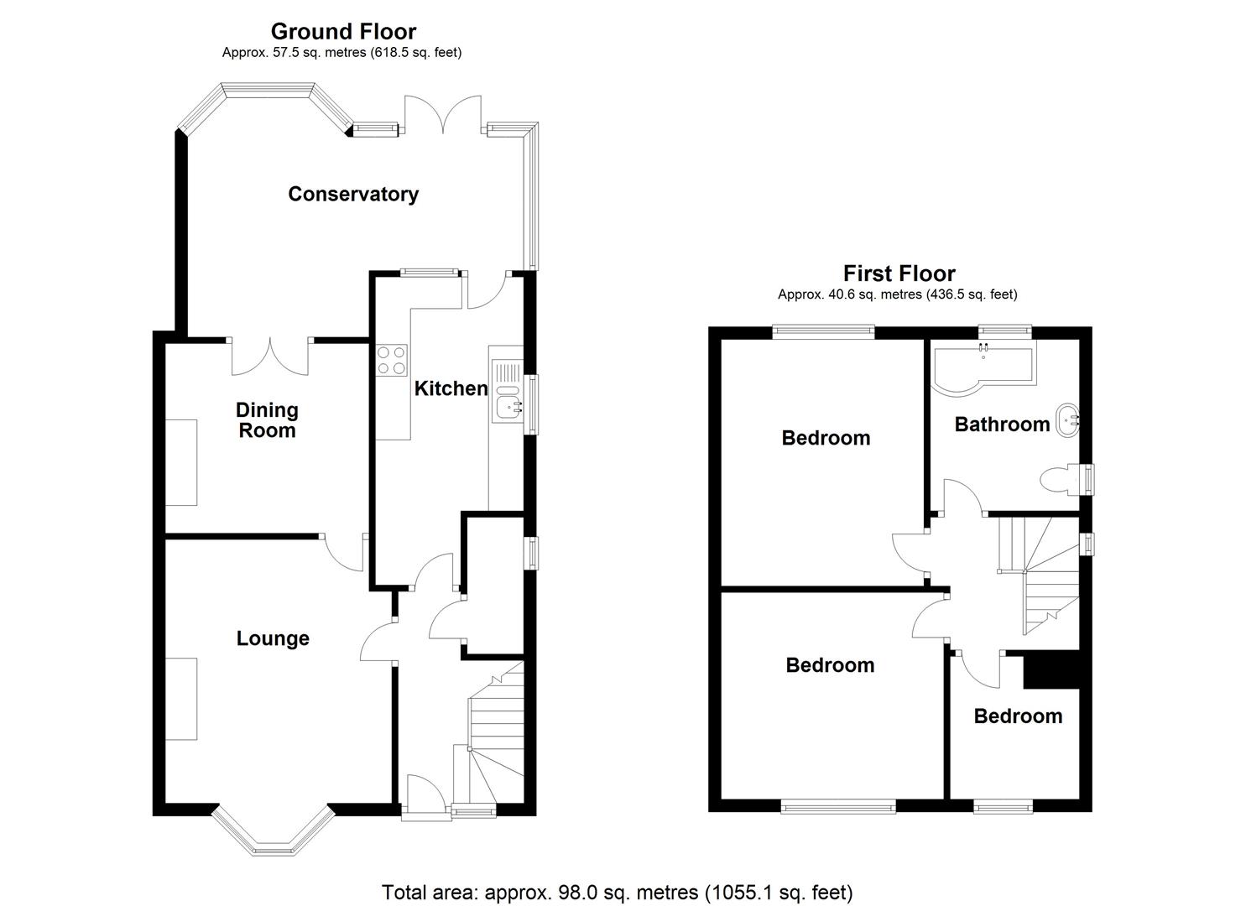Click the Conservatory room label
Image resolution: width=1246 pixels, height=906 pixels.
click(353, 194)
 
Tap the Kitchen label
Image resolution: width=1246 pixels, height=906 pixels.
click(451, 388)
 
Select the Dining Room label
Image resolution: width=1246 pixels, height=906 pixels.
click(267, 420)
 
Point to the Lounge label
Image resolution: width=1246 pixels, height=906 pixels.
click(273, 638)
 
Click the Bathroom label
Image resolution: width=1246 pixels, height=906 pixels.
click(1002, 424)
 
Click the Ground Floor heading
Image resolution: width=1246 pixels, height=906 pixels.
click(343, 32)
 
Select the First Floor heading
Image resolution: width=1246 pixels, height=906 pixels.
click(899, 273)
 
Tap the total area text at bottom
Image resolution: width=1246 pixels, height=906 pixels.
click(617, 892)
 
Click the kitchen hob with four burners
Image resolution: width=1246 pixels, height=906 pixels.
click(392, 360)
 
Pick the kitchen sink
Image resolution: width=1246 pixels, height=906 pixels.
click(507, 392)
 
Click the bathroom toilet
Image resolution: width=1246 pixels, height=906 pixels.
click(1061, 480)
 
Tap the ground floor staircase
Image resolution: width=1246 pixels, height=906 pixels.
click(495, 730)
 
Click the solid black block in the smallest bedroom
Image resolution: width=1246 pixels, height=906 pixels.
click(1050, 670)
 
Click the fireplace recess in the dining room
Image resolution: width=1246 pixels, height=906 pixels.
click(181, 462)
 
